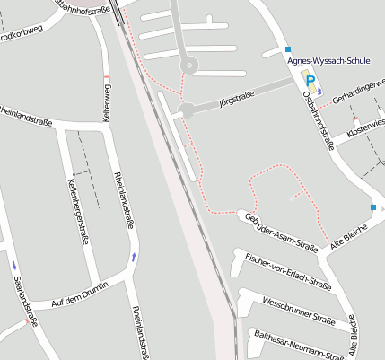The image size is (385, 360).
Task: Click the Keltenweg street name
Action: pos(106,104)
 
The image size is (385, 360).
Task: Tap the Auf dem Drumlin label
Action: pos(80,295)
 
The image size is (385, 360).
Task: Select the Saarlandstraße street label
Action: pos(25,301)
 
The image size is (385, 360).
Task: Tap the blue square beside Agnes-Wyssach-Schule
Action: pos(288,48)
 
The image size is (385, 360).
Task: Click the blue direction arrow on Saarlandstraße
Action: pos(14,265)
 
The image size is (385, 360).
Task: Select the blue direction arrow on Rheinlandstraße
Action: pos(134,257)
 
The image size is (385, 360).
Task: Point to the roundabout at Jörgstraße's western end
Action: pos(186,110)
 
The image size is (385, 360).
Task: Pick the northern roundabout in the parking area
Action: pos(188,65)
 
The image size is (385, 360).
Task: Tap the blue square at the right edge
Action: pos(373,207)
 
